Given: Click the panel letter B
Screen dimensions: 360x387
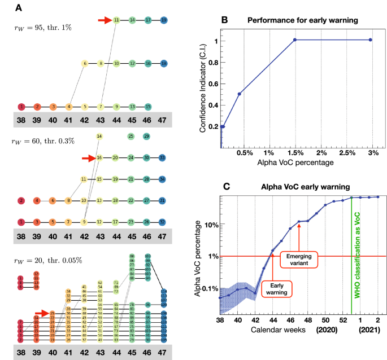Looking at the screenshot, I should pos(224,20).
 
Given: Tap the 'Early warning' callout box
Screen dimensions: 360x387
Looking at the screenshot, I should pos(276,288).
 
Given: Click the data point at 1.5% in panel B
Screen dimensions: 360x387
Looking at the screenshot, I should pos(294,39).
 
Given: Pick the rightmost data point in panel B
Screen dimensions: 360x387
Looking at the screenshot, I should pos(370,39).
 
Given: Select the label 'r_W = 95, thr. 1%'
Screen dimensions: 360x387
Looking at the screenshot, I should pos(42,27).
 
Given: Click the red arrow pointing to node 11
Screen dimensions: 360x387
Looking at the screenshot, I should pos(104,20).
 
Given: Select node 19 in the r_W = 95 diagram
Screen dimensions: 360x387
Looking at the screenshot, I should pos(163,20).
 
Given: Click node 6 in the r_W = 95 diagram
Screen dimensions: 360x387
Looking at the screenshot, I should pos(85,64).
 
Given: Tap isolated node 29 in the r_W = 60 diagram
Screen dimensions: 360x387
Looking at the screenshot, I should pos(146,136).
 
